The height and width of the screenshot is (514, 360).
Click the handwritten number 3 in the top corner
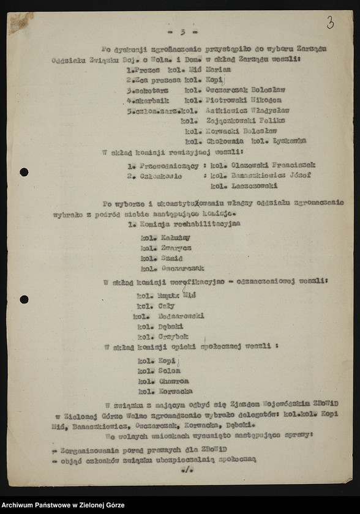pos(330,23)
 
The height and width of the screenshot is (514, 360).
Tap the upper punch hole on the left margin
pos(24,172)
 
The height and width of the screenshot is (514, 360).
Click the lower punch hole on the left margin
pos(24,299)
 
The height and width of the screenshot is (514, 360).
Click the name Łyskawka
pos(290,141)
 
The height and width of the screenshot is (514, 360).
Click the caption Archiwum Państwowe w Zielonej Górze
pos(62,505)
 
